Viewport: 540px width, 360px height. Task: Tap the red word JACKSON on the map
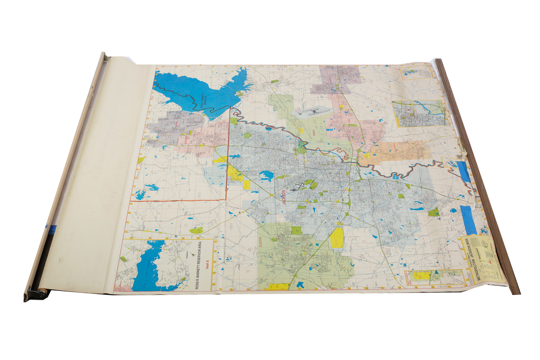point(284,197)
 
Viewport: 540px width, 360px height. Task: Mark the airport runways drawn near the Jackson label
point(298,187)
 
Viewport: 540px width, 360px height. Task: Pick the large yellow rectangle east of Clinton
point(337,238)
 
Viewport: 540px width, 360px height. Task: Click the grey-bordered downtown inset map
point(420,113)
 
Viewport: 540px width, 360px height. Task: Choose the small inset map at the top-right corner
point(417,72)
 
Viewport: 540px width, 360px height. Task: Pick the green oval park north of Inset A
point(196,230)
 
